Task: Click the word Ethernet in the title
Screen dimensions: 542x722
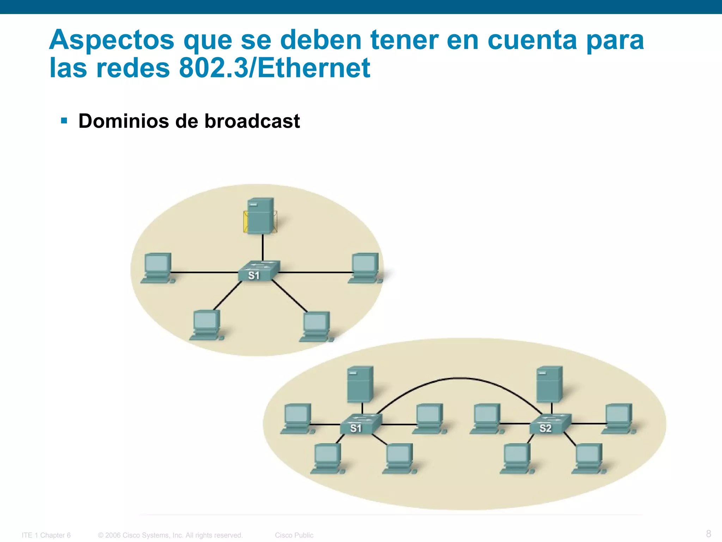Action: point(314,68)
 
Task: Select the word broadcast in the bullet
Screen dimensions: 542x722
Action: point(252,121)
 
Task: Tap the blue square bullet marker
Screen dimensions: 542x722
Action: point(64,121)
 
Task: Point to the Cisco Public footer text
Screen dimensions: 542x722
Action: point(294,535)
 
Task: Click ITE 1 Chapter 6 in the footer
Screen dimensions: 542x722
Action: point(46,535)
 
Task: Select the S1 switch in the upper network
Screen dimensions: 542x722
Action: point(258,271)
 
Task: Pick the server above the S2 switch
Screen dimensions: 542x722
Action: point(549,384)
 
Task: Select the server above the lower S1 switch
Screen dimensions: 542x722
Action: point(360,384)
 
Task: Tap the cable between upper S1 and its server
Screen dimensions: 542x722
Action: point(263,247)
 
